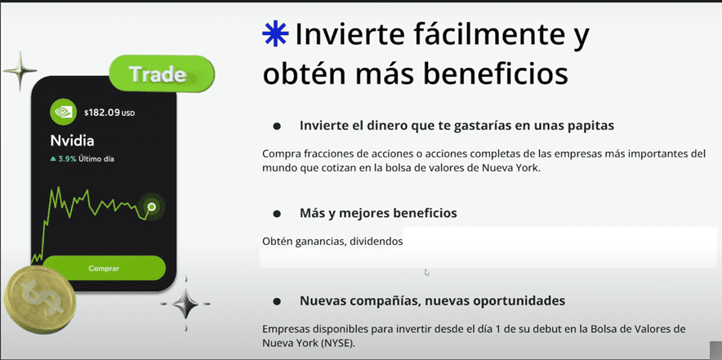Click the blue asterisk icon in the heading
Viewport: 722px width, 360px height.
tap(275, 34)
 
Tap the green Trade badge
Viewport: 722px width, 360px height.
tap(162, 73)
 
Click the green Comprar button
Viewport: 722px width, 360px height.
tap(104, 269)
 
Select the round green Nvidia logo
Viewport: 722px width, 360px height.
tap(63, 112)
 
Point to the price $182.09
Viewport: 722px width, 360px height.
tap(102, 113)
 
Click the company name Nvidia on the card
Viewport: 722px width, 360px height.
tap(72, 140)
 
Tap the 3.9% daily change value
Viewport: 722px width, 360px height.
tap(67, 159)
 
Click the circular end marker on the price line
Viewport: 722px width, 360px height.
tap(151, 207)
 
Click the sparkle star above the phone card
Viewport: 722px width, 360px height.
tap(20, 71)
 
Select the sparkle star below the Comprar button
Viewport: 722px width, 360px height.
tap(185, 304)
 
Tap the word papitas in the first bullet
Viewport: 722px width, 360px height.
tap(592, 126)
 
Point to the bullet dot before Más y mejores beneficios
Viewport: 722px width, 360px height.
tap(277, 214)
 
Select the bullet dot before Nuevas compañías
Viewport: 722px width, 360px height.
tap(277, 301)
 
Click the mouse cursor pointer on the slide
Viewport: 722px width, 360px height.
tap(427, 272)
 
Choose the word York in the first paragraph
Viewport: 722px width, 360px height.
tap(528, 167)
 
